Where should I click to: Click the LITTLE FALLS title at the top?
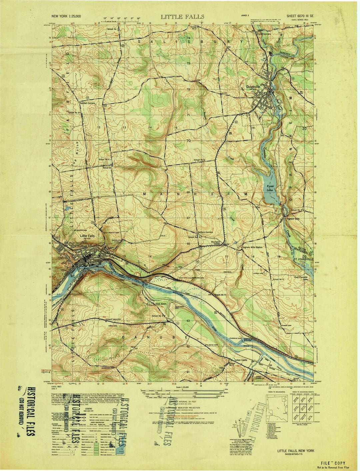[182, 16]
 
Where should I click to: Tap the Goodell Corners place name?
[87, 103]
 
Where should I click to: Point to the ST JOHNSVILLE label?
[302, 257]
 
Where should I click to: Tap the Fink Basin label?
[161, 304]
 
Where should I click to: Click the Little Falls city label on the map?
[87, 236]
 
